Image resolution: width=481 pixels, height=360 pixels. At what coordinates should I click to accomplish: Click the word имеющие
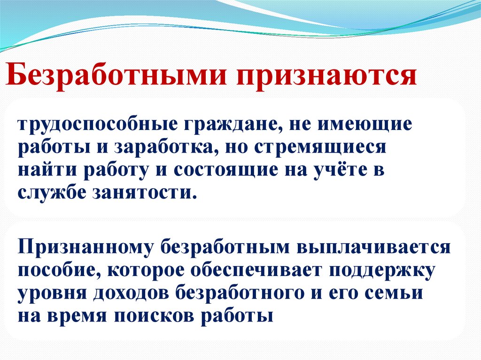pyautogui.click(x=366, y=125)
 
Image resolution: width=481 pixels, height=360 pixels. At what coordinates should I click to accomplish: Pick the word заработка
pyautogui.click(x=165, y=148)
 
